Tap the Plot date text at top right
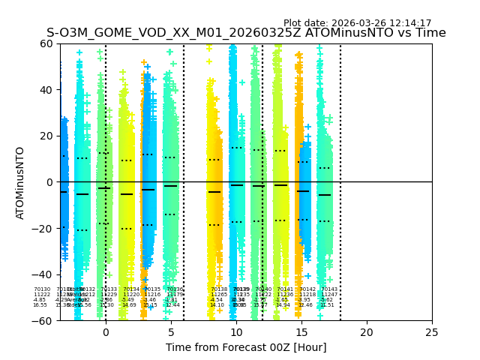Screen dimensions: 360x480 pyautogui.click(x=357, y=23)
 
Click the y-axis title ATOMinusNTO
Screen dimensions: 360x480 pyautogui.click(x=20, y=182)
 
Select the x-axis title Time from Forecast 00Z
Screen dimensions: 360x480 pyautogui.click(x=246, y=347)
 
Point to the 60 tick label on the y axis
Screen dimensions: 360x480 pyautogui.click(x=46, y=43)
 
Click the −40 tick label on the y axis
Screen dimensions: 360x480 pyautogui.click(x=43, y=274)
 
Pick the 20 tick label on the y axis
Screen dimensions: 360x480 pyautogui.click(x=46, y=136)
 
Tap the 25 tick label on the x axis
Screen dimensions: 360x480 pyautogui.click(x=432, y=332)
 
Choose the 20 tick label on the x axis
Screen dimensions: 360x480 pyautogui.click(x=367, y=332)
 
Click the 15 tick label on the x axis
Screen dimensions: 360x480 pyautogui.click(x=301, y=332)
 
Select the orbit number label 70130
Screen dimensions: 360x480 pyautogui.click(x=42, y=289)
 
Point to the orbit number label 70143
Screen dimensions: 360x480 pyautogui.click(x=329, y=289)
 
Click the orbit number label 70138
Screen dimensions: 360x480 pyautogui.click(x=219, y=289)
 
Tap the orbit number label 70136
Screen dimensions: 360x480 pyautogui.click(x=174, y=289)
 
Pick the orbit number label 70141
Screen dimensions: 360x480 pyautogui.click(x=285, y=289)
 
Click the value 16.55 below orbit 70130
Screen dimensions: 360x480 pyautogui.click(x=40, y=305)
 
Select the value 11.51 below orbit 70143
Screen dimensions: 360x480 pyautogui.click(x=327, y=305)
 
